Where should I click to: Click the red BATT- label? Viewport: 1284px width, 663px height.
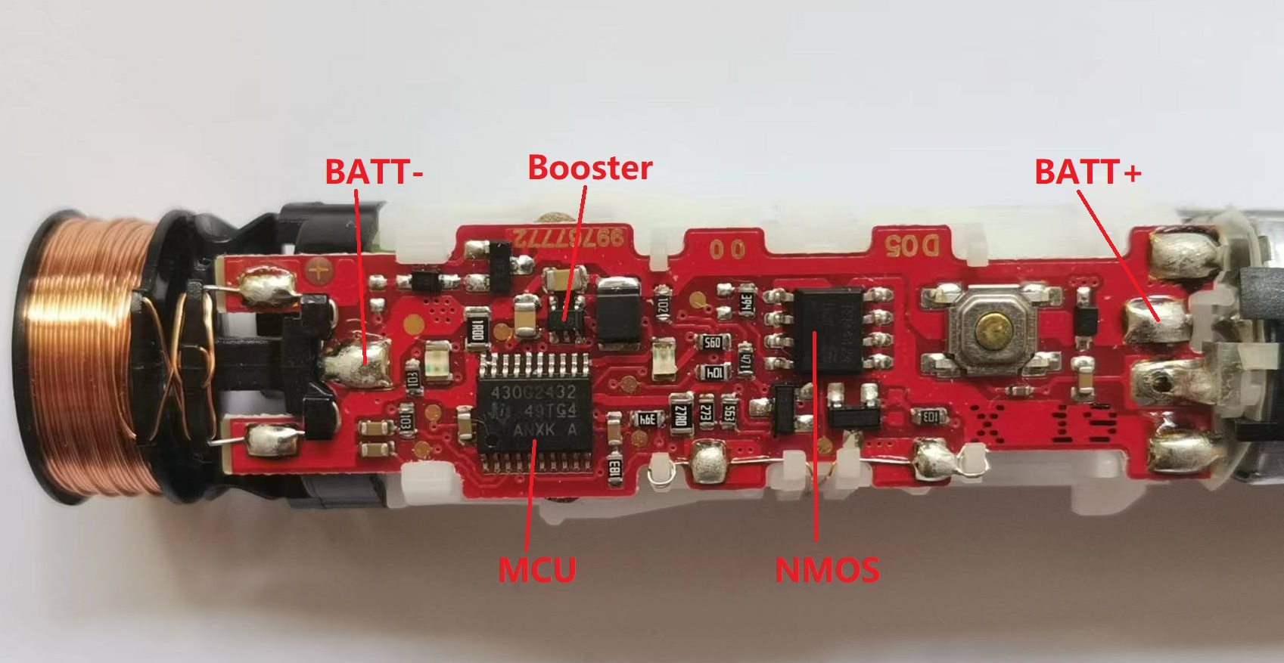point(374,172)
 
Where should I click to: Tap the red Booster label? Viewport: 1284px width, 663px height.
point(589,167)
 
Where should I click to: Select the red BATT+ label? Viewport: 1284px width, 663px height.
point(1087,172)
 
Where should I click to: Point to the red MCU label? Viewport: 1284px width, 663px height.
point(536,568)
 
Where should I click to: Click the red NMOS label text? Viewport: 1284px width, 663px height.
point(827,569)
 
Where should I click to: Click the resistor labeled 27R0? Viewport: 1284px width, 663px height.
point(681,414)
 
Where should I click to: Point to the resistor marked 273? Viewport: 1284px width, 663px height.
point(706,413)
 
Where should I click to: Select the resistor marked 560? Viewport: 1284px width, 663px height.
point(712,342)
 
